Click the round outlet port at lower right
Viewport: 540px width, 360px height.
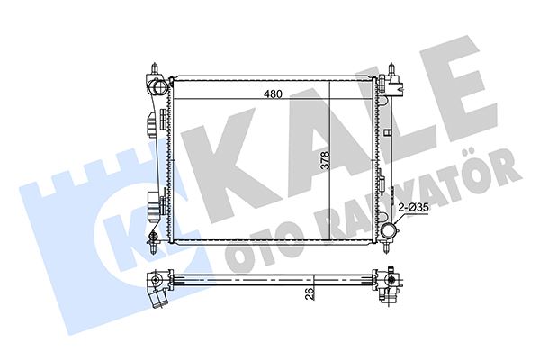[390, 233]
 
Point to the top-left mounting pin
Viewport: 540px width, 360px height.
[155, 69]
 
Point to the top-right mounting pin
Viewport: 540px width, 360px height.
[394, 69]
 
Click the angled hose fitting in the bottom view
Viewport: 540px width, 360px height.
[159, 291]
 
